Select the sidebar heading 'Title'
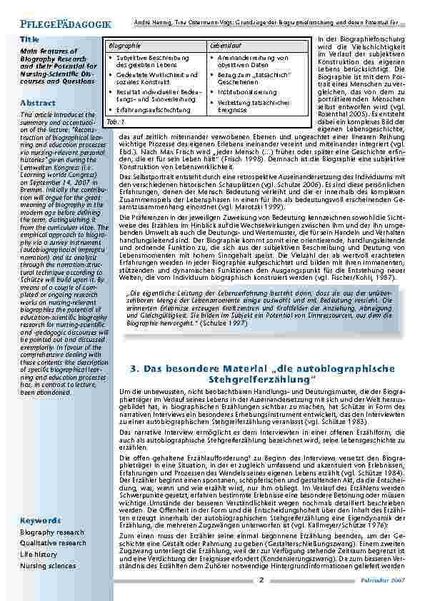29,39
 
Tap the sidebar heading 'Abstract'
38,103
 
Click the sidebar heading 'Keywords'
41,520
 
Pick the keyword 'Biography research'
52,532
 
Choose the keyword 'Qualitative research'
54,543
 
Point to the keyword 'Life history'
39,555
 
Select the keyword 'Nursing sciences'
48,565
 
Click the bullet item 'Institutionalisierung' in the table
248,92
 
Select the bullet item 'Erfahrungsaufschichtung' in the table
153,110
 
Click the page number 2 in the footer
261,580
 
